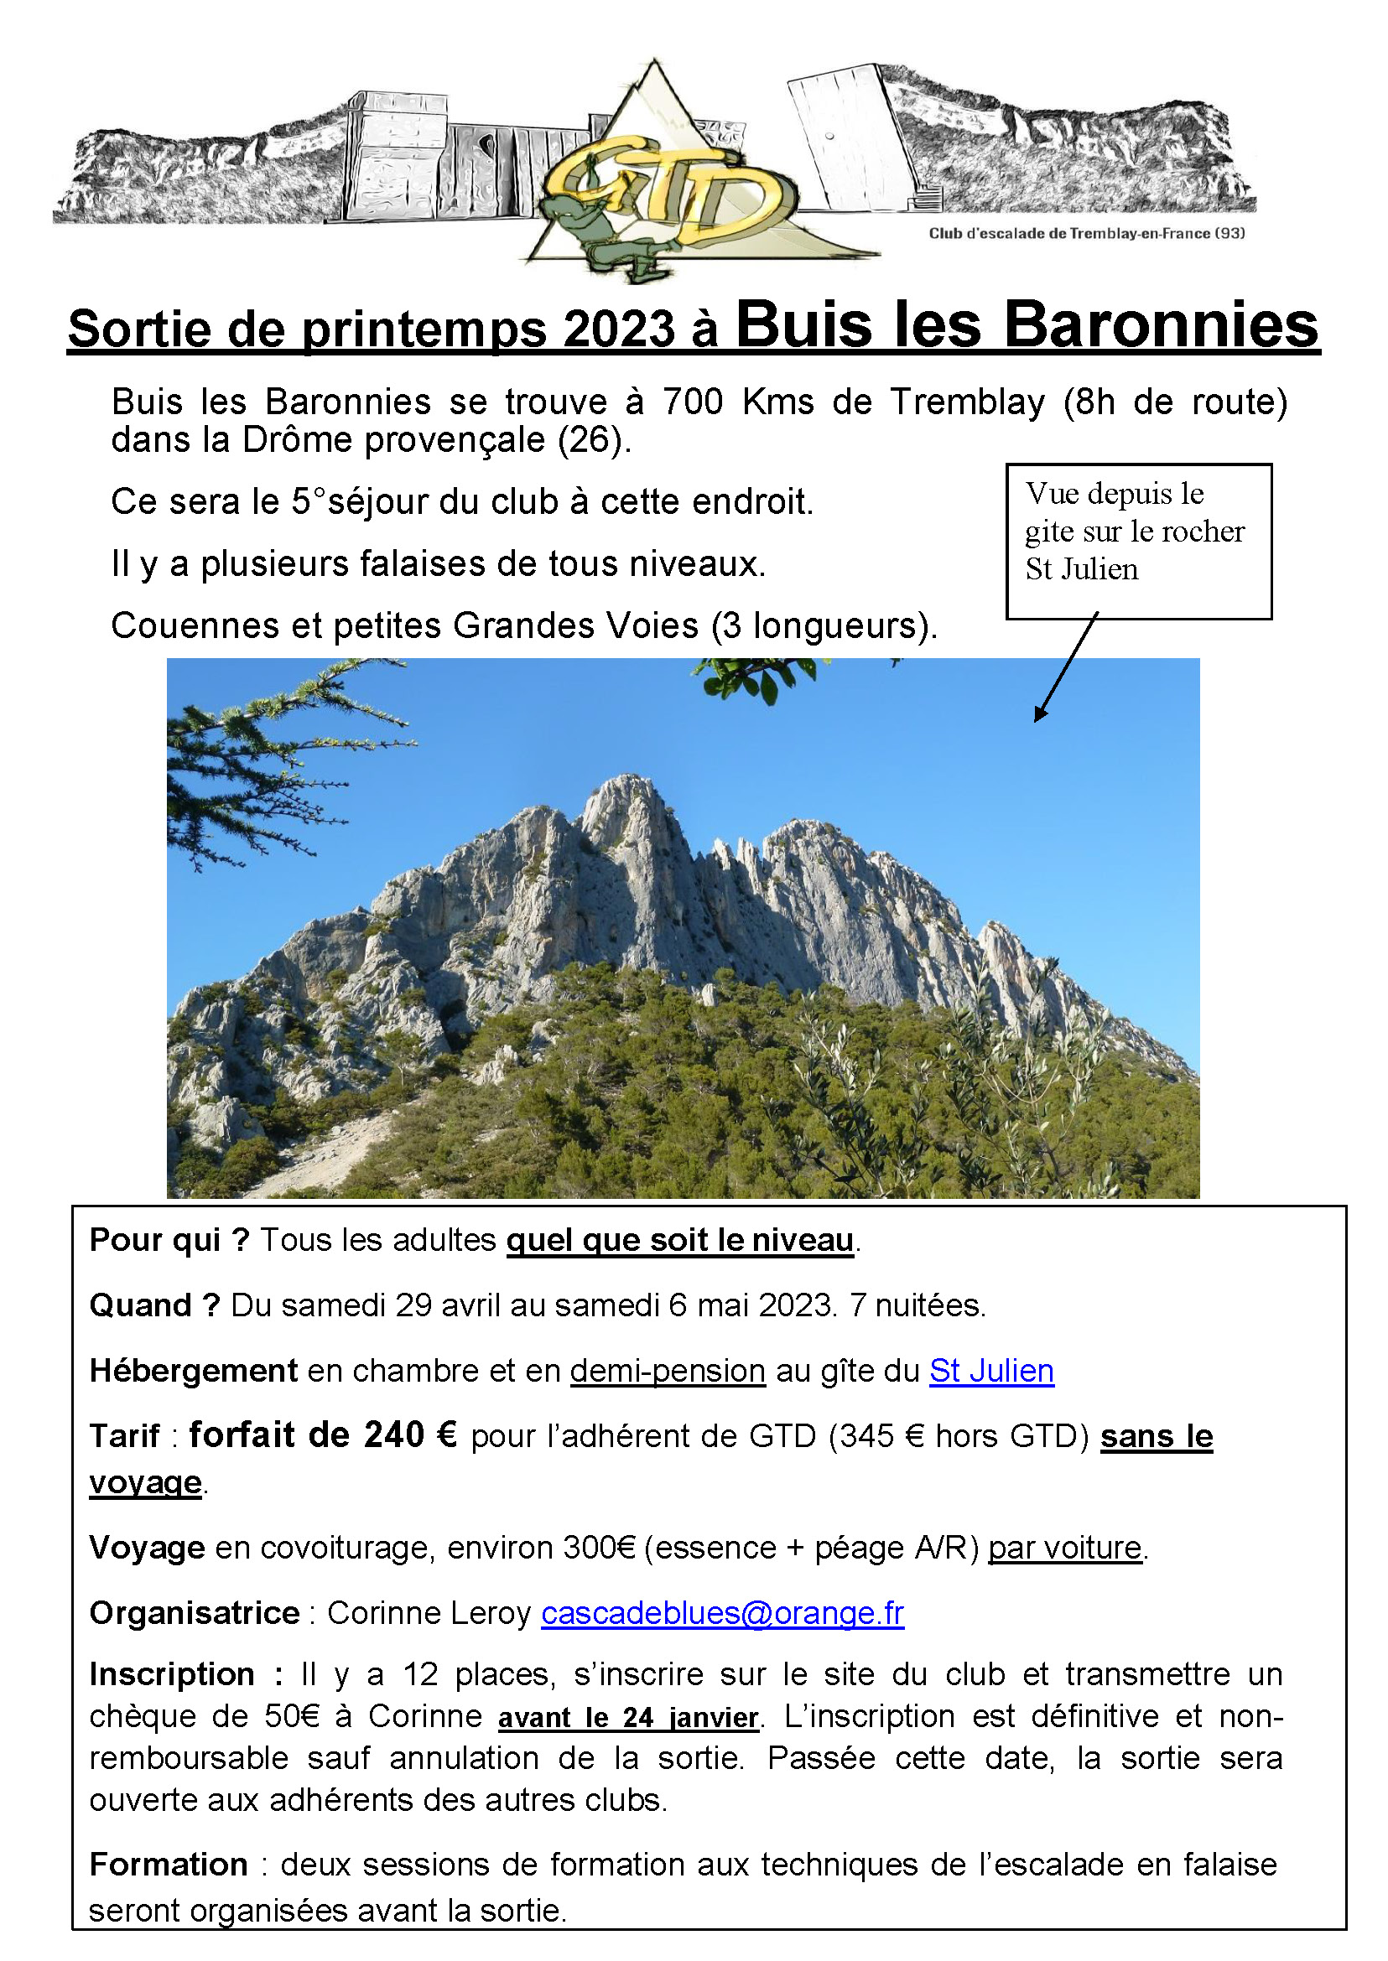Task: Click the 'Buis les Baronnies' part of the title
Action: pyautogui.click(x=1027, y=326)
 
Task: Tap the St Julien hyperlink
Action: pyautogui.click(x=990, y=1371)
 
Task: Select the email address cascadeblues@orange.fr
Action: pyautogui.click(x=722, y=1612)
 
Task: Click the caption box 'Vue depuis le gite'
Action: pyautogui.click(x=1137, y=540)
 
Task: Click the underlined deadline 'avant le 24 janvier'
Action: pyautogui.click(x=628, y=1717)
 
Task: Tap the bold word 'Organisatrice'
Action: pyautogui.click(x=195, y=1613)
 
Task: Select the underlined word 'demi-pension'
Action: pyautogui.click(x=667, y=1371)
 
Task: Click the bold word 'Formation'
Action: pyautogui.click(x=169, y=1864)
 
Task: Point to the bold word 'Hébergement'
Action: pyautogui.click(x=193, y=1371)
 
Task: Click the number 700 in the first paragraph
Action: pyautogui.click(x=692, y=402)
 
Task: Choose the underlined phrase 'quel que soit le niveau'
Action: pyautogui.click(x=679, y=1240)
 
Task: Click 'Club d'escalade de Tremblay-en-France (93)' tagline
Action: pyautogui.click(x=1086, y=233)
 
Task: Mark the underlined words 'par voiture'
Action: pyautogui.click(x=1064, y=1548)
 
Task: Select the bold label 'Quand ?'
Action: pyautogui.click(x=154, y=1305)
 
